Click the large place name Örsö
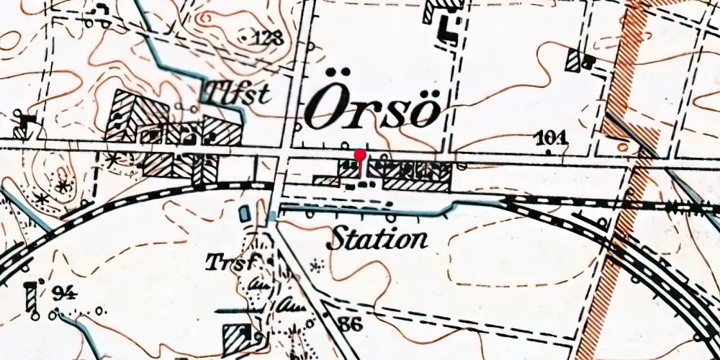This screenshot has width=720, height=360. (372, 108)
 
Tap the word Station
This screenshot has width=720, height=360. (377, 238)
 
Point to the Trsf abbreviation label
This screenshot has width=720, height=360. (230, 263)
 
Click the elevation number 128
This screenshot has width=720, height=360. (268, 38)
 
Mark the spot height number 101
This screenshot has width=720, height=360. (552, 137)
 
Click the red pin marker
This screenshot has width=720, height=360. (360, 156)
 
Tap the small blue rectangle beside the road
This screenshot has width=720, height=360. (244, 213)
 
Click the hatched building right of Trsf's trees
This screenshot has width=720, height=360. (238, 336)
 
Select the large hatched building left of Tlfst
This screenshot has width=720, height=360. (136, 116)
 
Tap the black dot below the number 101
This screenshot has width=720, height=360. (549, 152)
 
